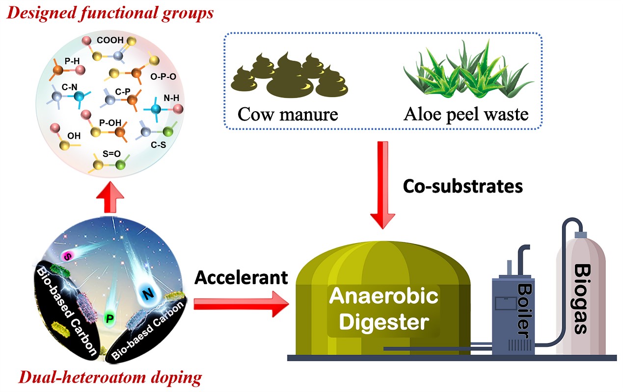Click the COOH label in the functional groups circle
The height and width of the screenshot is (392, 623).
[110, 40]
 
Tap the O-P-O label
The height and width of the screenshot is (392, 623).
[163, 76]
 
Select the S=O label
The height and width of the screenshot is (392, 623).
[111, 153]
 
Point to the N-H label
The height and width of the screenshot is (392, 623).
[171, 98]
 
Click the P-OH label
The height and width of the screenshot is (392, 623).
[110, 122]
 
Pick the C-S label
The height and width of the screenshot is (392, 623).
[158, 145]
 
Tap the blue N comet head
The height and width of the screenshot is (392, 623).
[147, 294]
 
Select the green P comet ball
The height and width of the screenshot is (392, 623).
[110, 318]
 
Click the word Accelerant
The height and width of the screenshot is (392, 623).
[241, 278]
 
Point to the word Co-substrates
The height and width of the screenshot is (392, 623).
[463, 186]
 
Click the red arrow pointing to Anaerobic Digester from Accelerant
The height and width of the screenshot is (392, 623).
[241, 304]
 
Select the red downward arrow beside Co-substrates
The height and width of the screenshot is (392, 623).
[383, 185]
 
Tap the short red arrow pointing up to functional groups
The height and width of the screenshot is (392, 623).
[110, 197]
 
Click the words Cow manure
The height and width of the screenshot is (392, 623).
[288, 114]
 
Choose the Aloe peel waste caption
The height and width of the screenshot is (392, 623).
[466, 114]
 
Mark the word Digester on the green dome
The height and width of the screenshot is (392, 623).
[384, 322]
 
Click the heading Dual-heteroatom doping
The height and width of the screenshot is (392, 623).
[110, 378]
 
